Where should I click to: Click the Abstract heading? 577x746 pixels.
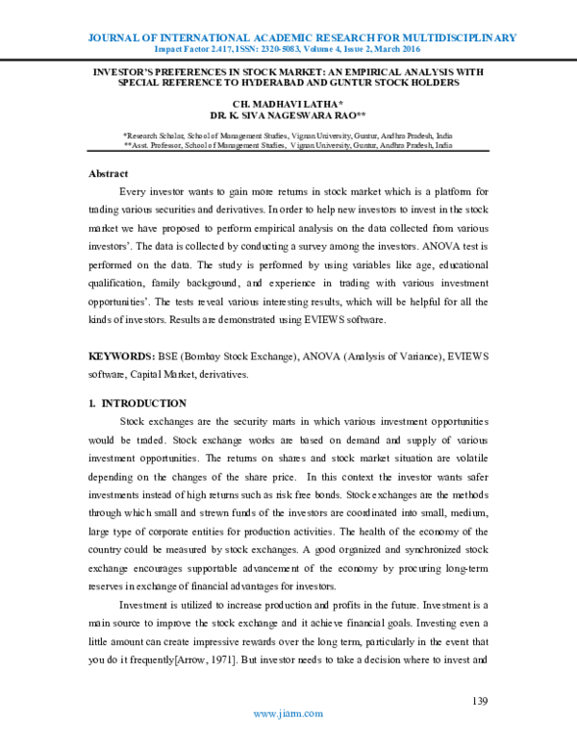[108, 174]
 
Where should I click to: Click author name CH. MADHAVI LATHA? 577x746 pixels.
[287, 101]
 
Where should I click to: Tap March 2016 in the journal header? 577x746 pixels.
[421, 49]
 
